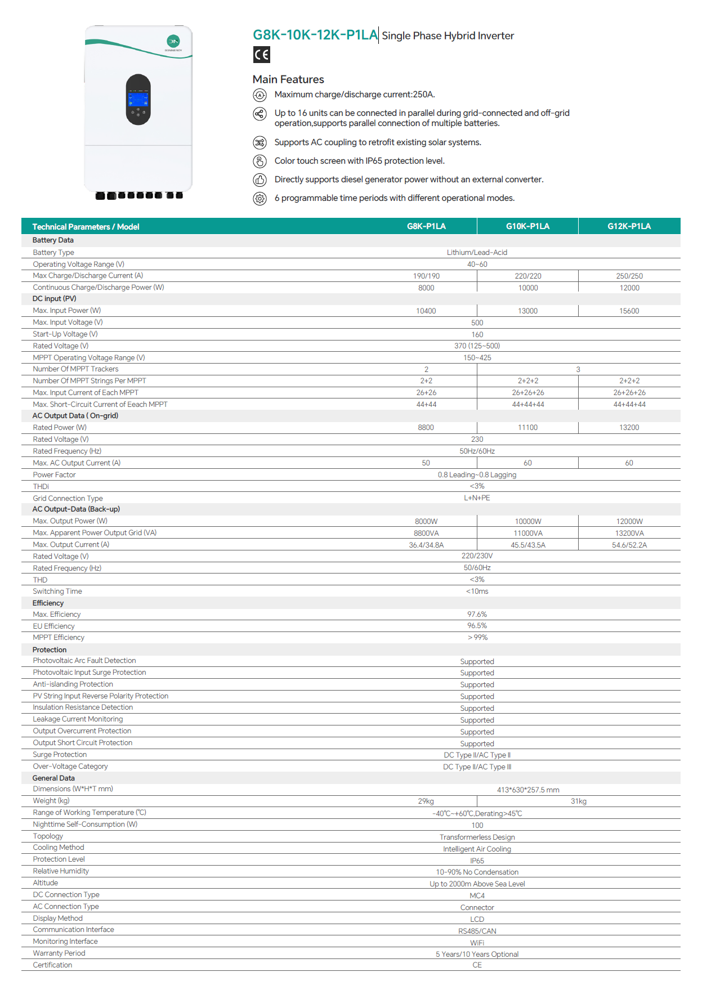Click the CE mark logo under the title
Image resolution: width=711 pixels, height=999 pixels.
(261, 55)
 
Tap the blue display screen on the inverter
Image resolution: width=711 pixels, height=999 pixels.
(138, 99)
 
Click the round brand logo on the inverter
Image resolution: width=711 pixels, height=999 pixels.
(173, 41)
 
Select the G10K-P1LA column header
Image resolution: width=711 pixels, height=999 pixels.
(527, 226)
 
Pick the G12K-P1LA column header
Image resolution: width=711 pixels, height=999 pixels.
(629, 226)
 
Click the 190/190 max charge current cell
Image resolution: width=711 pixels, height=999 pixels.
(426, 276)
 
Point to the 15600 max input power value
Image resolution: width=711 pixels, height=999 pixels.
(629, 311)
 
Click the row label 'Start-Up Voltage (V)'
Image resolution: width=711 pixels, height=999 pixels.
(65, 334)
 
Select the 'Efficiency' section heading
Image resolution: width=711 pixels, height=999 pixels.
(48, 603)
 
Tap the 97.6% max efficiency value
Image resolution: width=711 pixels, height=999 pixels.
(477, 615)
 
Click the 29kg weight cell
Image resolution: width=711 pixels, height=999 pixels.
(426, 801)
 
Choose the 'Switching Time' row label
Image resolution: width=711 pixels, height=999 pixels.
(57, 592)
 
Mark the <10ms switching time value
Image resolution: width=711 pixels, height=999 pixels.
(477, 592)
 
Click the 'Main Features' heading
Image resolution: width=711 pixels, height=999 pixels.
(288, 79)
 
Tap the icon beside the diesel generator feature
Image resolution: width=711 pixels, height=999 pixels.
(260, 180)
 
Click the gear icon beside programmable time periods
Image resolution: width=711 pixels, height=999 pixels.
(260, 199)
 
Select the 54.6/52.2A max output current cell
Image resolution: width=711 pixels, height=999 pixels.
(629, 545)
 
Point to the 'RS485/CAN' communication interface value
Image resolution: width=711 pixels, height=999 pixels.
(477, 931)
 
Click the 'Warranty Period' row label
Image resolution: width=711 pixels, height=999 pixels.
(59, 953)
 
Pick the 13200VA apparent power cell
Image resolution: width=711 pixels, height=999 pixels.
(629, 534)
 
